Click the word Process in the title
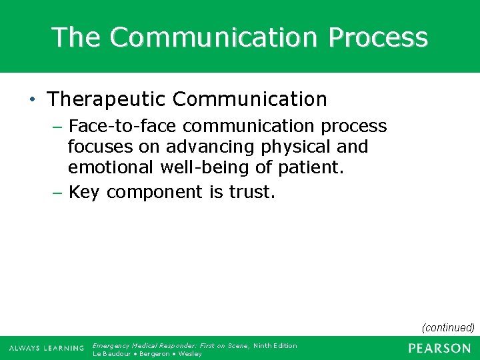(x=377, y=37)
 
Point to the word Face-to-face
(x=110, y=126)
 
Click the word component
(x=154, y=193)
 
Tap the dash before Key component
(x=58, y=193)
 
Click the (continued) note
(x=448, y=327)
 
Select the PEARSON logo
(x=439, y=348)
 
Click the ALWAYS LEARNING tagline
(x=47, y=349)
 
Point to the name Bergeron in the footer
(x=153, y=354)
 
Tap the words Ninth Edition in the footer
(x=275, y=345)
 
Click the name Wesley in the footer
(x=189, y=354)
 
